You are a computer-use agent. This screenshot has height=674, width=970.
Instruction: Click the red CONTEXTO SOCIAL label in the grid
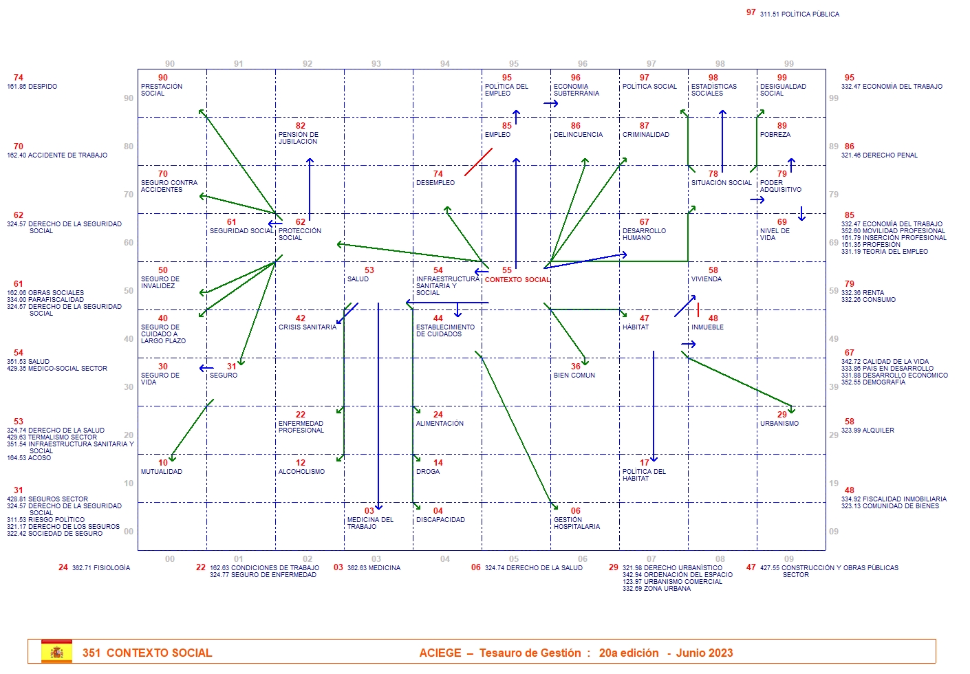[517, 280]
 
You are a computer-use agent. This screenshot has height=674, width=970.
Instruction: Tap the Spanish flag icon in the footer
[56, 652]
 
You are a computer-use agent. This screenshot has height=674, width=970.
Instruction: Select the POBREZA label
[775, 135]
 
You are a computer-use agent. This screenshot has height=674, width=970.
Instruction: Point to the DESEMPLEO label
[435, 183]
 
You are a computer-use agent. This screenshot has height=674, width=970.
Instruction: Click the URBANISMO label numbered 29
[779, 424]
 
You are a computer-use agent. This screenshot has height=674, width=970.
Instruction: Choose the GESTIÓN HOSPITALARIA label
[576, 523]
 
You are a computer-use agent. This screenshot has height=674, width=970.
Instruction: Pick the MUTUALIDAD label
[162, 472]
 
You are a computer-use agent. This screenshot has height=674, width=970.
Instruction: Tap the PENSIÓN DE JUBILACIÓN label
[298, 138]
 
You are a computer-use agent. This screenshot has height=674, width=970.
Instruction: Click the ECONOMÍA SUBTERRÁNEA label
[576, 90]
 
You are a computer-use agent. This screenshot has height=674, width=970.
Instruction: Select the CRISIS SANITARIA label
[307, 327]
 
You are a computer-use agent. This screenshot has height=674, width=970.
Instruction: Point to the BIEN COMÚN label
[574, 376]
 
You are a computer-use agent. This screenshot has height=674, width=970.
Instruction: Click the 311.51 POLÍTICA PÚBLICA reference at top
[799, 14]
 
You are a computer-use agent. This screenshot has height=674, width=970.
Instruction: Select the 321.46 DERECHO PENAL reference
[879, 155]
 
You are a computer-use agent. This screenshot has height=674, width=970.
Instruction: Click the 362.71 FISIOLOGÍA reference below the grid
[100, 568]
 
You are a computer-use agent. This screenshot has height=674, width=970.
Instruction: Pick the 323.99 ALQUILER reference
[867, 431]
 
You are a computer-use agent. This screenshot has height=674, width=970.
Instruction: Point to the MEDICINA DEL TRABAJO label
[370, 523]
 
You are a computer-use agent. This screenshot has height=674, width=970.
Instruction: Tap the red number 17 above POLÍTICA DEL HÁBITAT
[644, 463]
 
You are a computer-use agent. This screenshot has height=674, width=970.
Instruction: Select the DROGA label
[427, 472]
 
